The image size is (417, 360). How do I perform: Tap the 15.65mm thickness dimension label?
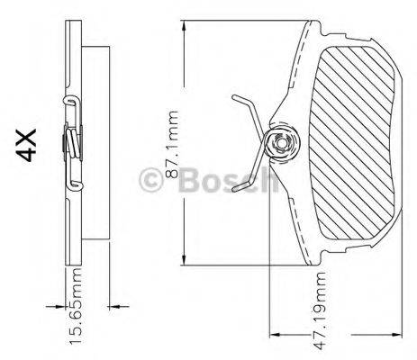tap(78, 305)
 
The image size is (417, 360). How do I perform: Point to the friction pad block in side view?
tap(96, 144)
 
